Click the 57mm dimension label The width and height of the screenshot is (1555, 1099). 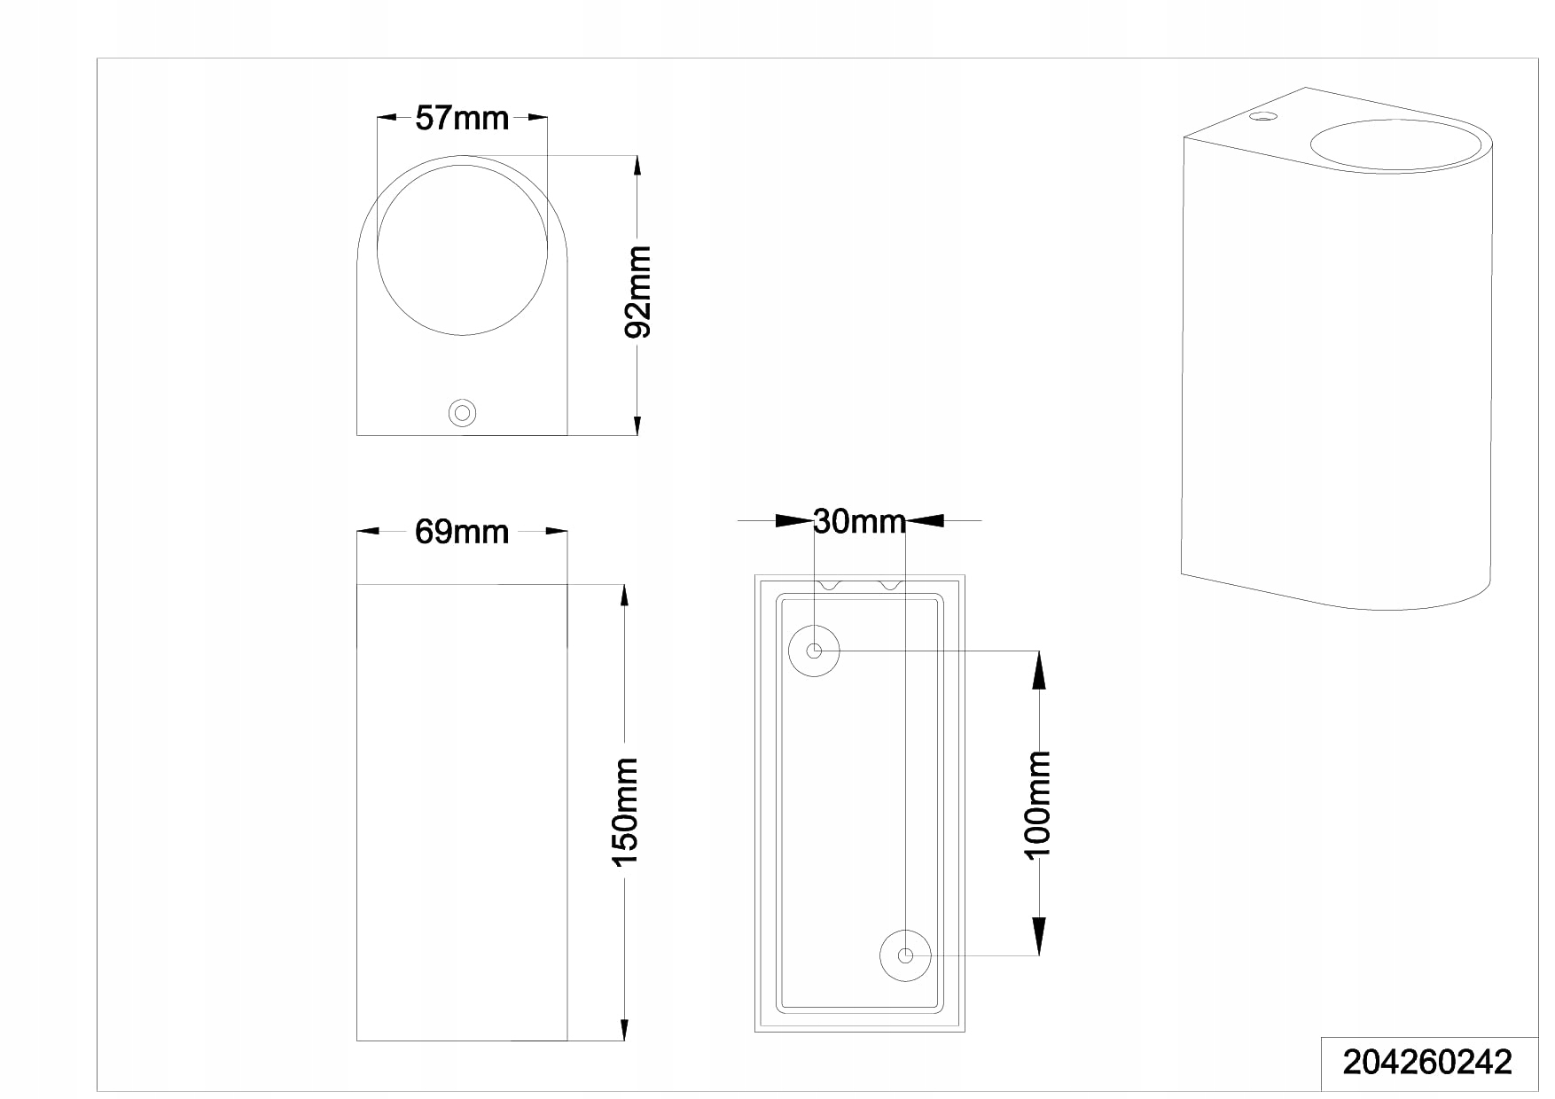pyautogui.click(x=462, y=117)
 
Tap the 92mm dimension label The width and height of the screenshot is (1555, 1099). pyautogui.click(x=638, y=292)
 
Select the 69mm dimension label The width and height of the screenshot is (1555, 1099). pyautogui.click(x=462, y=532)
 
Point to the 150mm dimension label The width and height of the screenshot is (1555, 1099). pyautogui.click(x=626, y=812)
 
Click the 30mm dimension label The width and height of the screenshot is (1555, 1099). pyautogui.click(x=860, y=521)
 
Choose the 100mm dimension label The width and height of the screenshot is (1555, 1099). pyautogui.click(x=1037, y=804)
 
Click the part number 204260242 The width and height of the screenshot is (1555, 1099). pyautogui.click(x=1428, y=1062)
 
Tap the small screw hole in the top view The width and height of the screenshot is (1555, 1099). pyautogui.click(x=462, y=413)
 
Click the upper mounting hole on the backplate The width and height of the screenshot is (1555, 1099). pyautogui.click(x=814, y=651)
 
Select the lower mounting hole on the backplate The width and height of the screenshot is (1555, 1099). pyautogui.click(x=905, y=955)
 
